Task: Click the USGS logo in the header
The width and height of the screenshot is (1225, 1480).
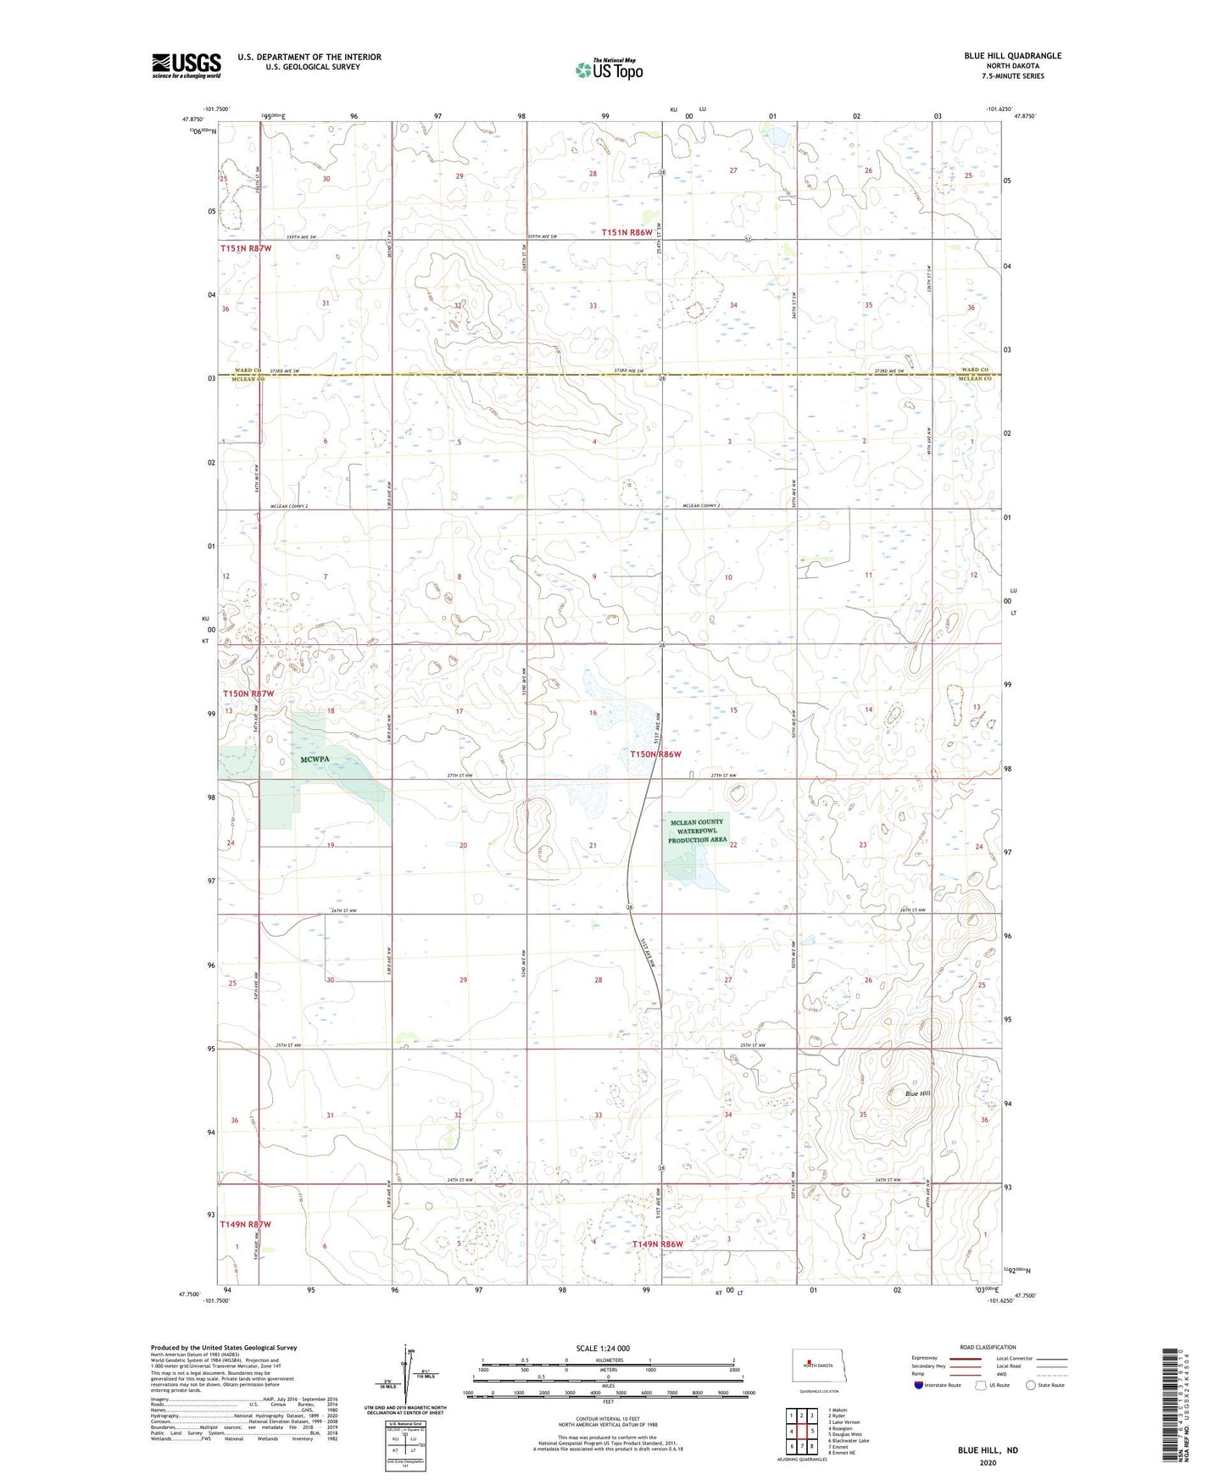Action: tap(186, 65)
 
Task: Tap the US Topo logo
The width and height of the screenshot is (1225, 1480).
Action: tap(608, 70)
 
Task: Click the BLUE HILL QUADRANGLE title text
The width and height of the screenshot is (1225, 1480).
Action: tap(1012, 56)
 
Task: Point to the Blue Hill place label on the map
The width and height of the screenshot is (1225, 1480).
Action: tap(918, 1093)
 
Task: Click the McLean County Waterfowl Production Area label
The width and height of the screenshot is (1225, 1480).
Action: tap(697, 831)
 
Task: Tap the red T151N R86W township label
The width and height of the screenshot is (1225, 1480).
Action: tap(627, 232)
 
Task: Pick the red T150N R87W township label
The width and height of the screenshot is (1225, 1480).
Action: tap(249, 693)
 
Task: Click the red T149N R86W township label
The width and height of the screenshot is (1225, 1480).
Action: tap(658, 1244)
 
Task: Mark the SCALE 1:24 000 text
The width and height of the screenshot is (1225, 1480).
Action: tap(602, 1349)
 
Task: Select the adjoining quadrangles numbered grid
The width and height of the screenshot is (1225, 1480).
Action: tap(801, 1432)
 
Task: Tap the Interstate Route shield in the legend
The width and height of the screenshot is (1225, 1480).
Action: tap(920, 1385)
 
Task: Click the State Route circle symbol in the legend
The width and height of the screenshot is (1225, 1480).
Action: tap(1031, 1385)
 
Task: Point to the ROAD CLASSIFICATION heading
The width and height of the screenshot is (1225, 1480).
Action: tap(988, 1347)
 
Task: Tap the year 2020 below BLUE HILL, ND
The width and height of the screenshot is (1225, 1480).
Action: tap(988, 1462)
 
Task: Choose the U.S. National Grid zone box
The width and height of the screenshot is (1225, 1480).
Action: tap(404, 1443)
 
